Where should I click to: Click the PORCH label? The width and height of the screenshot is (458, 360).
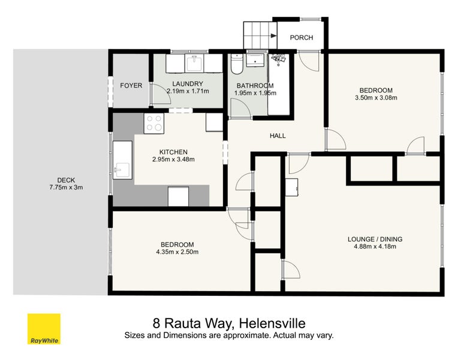302,37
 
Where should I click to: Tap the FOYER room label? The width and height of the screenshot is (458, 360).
131,85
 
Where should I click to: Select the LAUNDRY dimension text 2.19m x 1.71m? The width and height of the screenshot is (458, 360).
188,91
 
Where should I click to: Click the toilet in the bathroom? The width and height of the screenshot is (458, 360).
237,64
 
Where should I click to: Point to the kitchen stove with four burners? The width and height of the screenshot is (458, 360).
154,123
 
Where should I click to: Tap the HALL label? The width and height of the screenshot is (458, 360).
278,136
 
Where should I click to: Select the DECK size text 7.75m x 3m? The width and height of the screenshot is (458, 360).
66,187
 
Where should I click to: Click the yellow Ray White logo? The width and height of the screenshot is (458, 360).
44,329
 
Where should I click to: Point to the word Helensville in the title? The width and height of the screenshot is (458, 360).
272,323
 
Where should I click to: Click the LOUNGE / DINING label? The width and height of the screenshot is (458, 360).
375,239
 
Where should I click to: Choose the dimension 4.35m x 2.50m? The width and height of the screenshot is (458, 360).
177,252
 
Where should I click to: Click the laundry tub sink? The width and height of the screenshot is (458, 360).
194,64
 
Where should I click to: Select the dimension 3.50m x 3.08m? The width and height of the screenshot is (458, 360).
376,98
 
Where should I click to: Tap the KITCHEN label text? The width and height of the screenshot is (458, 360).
173,152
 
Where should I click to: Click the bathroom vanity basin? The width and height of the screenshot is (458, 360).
255,60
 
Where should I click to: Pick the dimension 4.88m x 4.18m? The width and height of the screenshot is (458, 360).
375,247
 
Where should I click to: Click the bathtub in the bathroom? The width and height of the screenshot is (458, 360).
279,84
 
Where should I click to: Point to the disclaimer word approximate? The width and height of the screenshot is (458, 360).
245,335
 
